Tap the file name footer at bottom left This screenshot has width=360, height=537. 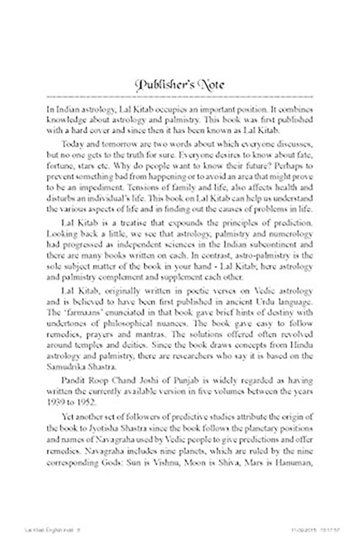click(31, 531)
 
